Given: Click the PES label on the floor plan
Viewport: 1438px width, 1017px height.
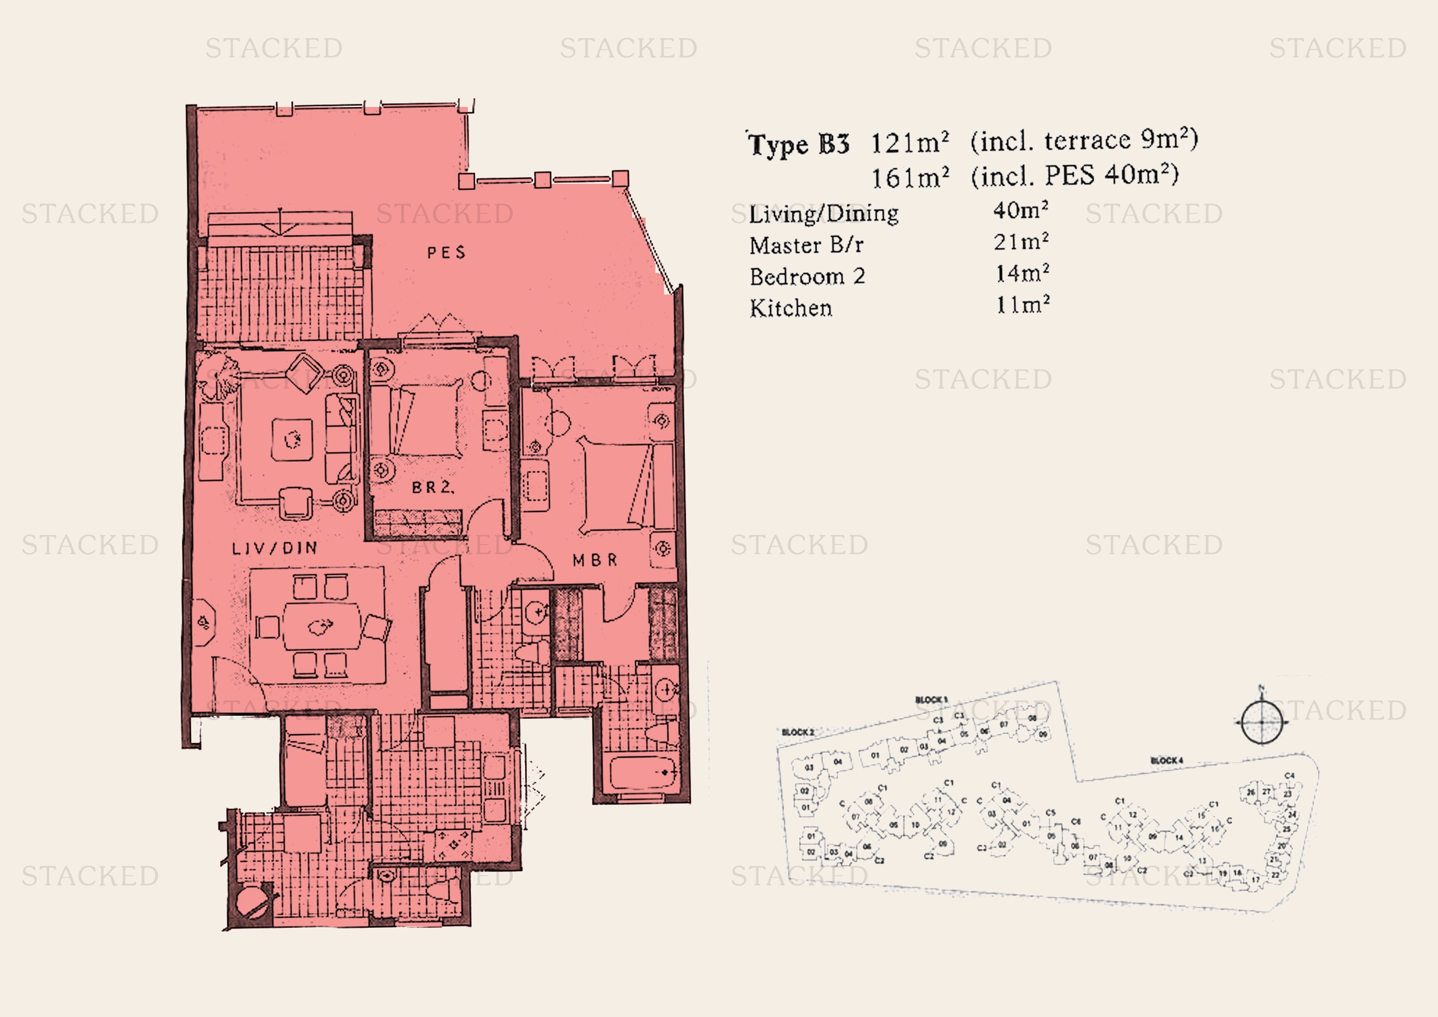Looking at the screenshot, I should [x=446, y=252].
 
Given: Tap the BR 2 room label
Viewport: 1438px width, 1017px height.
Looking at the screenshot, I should [x=432, y=487].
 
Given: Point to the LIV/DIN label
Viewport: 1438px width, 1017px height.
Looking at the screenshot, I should [x=274, y=548].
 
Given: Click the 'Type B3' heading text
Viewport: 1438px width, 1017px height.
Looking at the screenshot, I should [x=799, y=144].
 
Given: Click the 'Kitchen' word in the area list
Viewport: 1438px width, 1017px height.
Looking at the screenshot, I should [x=791, y=308].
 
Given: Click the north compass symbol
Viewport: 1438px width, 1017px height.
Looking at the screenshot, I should [x=1262, y=722].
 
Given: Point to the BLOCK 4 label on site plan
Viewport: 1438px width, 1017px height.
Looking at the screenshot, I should [x=1166, y=761].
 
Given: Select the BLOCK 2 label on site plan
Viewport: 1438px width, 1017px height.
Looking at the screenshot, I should [x=798, y=732].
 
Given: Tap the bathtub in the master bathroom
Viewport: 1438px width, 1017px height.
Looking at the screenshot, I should [x=642, y=773].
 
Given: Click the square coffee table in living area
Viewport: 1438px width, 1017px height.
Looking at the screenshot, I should [x=292, y=440].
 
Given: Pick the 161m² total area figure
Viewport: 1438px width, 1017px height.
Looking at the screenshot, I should [x=910, y=178].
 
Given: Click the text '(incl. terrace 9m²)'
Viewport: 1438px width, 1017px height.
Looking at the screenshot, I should [x=1084, y=140].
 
